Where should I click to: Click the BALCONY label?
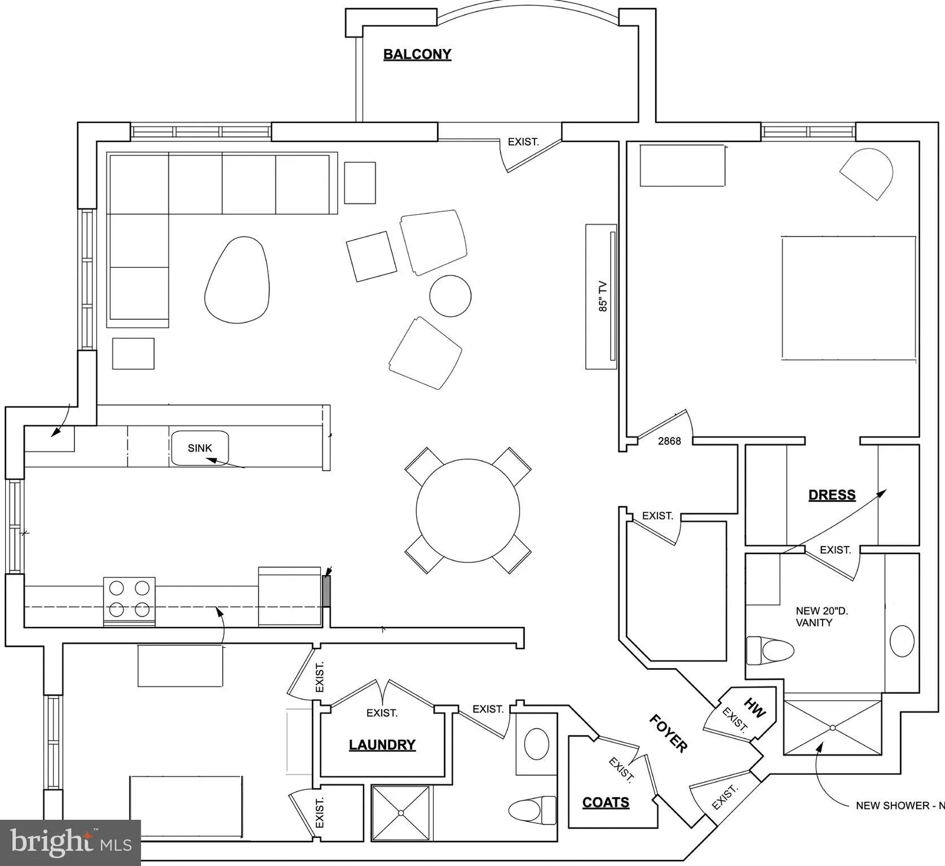coord(417,54)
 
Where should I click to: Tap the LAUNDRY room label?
coord(382,745)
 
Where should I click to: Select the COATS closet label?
coord(606,802)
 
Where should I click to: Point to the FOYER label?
coord(668,733)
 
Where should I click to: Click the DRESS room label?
coord(832,495)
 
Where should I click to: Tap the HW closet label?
coord(755,708)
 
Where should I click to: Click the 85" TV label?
coord(603,296)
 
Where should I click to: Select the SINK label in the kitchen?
coord(200,448)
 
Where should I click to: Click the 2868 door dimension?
coord(670,441)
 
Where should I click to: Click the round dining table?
coord(468,510)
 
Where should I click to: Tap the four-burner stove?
coord(129,602)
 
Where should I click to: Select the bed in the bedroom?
coord(849,298)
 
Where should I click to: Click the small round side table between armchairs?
coord(450,296)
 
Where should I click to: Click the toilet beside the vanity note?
coord(770,651)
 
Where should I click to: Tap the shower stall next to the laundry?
coord(401,813)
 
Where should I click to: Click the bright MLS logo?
coord(70,843)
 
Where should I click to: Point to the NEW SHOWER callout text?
coord(900,805)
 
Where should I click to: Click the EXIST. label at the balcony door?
coord(523,141)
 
